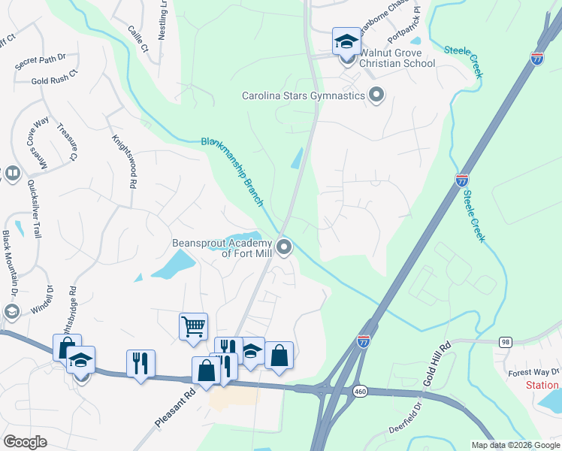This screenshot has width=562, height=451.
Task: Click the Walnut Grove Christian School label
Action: pyautogui.click(x=397, y=59)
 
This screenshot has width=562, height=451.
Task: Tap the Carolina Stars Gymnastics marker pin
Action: pyautogui.click(x=376, y=95)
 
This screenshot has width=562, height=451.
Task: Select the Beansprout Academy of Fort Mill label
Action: pyautogui.click(x=222, y=248)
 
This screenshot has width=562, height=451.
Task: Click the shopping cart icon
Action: pyautogui.click(x=193, y=327)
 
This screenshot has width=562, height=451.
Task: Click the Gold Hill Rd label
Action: pyautogui.click(x=437, y=365)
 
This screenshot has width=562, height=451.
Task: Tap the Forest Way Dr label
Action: pyautogui.click(x=533, y=372)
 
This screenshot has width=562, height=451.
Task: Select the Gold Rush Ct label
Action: pyautogui.click(x=55, y=80)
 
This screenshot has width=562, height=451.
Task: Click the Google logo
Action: pyautogui.click(x=25, y=442)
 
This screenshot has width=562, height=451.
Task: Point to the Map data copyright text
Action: pyautogui.click(x=515, y=445)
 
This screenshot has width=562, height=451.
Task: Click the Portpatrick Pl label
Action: pyautogui.click(x=403, y=27)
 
